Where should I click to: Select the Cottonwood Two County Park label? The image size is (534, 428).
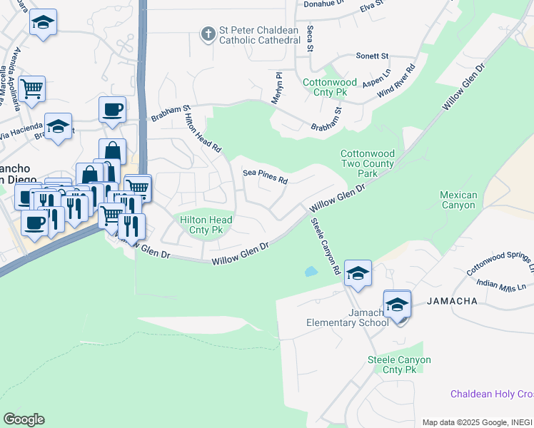tap(367, 163)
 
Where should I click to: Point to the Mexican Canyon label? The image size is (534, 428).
tap(458, 200)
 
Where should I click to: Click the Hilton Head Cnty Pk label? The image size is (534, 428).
tap(206, 225)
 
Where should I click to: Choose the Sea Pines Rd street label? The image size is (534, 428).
tap(265, 176)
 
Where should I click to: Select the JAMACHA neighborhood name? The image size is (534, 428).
tap(452, 302)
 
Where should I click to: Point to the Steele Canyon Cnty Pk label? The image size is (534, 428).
tap(399, 365)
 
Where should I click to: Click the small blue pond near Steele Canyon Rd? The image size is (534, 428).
tap(311, 272)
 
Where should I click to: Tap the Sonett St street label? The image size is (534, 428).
tap(373, 56)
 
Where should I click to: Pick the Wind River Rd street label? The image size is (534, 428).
tap(396, 81)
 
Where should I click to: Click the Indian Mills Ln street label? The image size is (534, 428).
tap(502, 287)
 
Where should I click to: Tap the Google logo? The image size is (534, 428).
tap(24, 419)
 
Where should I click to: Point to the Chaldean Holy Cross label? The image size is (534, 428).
tap(492, 394)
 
